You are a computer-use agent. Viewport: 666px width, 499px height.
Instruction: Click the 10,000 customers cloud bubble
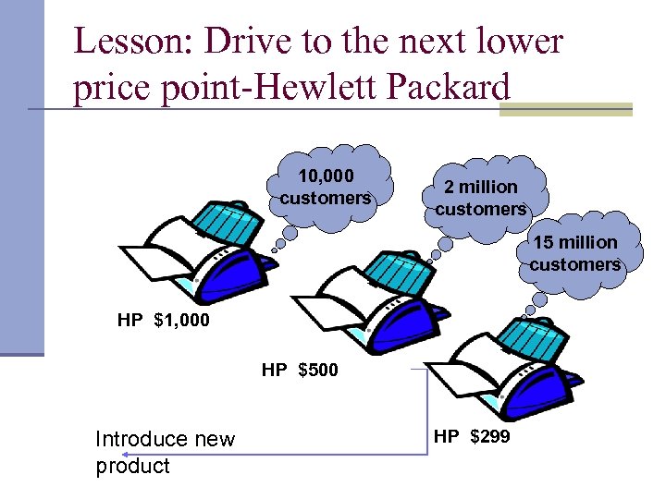[x=326, y=187]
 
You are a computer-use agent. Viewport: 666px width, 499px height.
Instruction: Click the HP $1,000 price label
[x=164, y=321]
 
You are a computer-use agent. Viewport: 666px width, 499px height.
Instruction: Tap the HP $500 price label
[x=300, y=371]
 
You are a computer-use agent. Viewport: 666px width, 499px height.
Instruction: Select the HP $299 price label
[x=472, y=436]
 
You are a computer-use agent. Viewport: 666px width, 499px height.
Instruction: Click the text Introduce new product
[x=165, y=452]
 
